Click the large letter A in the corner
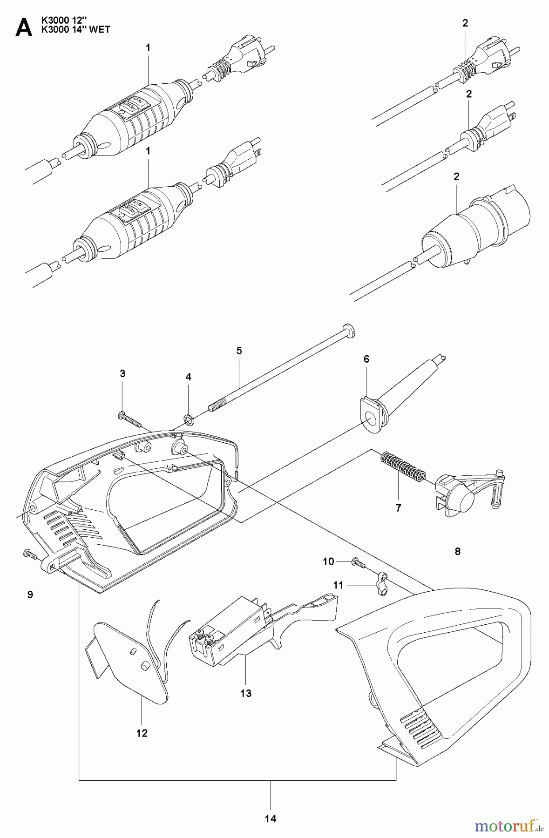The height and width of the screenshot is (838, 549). pos(24,27)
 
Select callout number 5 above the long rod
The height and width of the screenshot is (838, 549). pos(239,351)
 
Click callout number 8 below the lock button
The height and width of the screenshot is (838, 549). pos(457,552)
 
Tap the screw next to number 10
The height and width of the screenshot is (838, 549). pos(356,562)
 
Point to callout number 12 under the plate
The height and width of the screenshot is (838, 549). pos(142,733)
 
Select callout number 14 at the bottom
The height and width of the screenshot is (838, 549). pos(271,818)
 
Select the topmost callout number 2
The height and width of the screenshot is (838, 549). pos(465,23)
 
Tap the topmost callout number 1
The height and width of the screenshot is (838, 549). pos(148,47)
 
